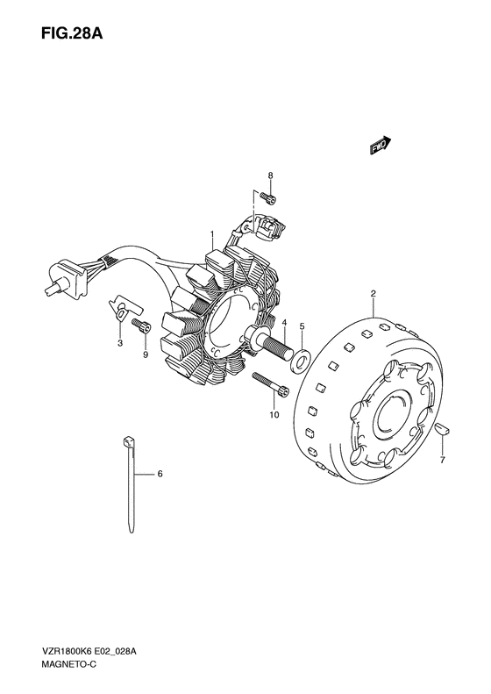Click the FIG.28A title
[x=72, y=33]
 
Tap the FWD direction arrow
[x=381, y=146]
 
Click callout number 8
[x=270, y=175]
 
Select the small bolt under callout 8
[x=267, y=198]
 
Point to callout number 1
[x=212, y=233]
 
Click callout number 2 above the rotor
[x=374, y=293]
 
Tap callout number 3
[x=120, y=343]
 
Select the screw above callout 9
[x=141, y=326]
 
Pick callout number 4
[x=284, y=322]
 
